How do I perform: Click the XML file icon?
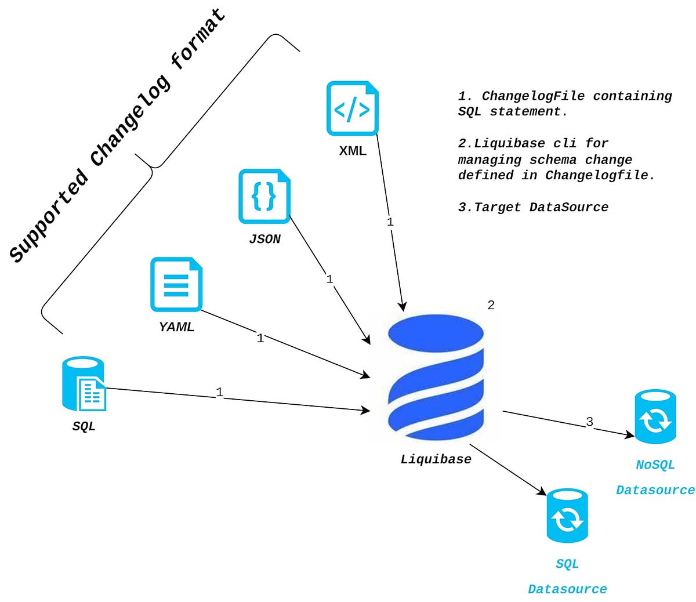(352, 108)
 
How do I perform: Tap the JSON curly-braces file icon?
(264, 196)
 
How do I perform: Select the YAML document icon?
(176, 285)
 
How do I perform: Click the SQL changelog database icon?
(84, 384)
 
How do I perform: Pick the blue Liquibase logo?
(436, 378)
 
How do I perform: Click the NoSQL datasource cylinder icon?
(655, 416)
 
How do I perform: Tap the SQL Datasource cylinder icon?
(567, 516)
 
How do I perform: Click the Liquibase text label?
(436, 459)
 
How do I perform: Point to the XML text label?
(353, 151)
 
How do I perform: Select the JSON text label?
(264, 239)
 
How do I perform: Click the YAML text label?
(176, 327)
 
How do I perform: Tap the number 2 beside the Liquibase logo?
(491, 305)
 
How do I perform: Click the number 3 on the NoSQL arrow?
(589, 422)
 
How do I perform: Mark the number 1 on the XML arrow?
(390, 222)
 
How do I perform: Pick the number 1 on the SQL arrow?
(220, 392)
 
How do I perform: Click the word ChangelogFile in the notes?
(533, 96)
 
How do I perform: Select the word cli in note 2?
(565, 143)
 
